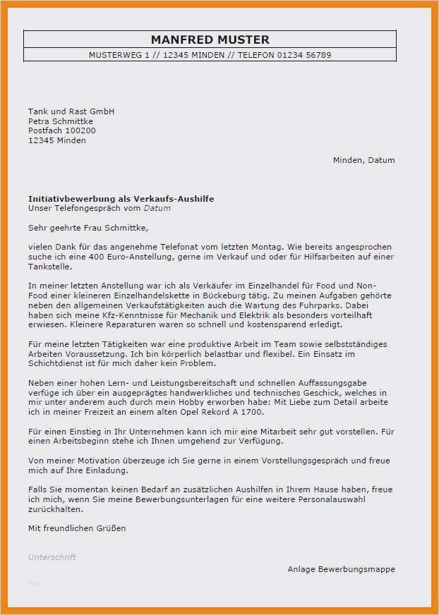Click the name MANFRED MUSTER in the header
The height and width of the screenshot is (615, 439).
(x=210, y=39)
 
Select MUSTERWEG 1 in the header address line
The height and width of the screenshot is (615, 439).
(x=116, y=55)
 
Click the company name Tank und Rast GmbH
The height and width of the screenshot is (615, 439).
(x=71, y=111)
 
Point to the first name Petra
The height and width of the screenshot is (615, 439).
(x=40, y=121)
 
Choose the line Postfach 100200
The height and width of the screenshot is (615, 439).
(x=62, y=130)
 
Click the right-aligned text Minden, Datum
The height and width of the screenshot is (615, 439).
(x=363, y=160)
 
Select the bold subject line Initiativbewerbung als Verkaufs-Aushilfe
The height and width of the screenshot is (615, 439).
(x=121, y=199)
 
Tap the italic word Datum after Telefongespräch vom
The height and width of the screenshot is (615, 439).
(x=157, y=208)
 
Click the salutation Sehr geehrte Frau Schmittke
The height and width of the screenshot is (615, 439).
(x=88, y=228)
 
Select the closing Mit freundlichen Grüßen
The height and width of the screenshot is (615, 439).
(x=77, y=528)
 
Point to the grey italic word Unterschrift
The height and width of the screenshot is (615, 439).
(x=52, y=557)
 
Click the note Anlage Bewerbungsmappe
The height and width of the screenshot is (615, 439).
(x=341, y=569)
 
